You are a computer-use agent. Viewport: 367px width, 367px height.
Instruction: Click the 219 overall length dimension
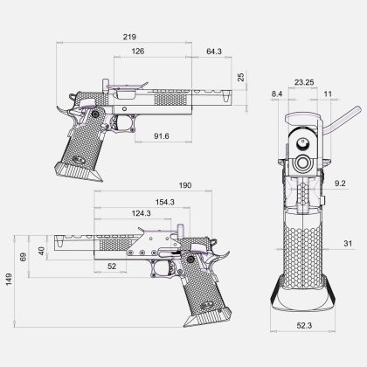point(129,37)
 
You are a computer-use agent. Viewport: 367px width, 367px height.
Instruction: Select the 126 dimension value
point(138,52)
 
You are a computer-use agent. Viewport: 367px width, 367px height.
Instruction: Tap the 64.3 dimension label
point(214,52)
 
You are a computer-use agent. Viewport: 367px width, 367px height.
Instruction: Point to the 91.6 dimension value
point(162,136)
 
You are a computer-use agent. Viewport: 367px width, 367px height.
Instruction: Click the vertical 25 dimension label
point(241,77)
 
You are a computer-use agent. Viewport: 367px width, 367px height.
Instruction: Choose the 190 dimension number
point(185,185)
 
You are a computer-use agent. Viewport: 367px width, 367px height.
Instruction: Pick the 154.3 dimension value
point(165,202)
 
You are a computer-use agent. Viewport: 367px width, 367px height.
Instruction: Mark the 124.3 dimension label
point(142,213)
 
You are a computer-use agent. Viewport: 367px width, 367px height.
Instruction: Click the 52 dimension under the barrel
point(112,267)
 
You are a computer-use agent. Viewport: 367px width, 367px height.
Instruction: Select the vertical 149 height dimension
point(9,280)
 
